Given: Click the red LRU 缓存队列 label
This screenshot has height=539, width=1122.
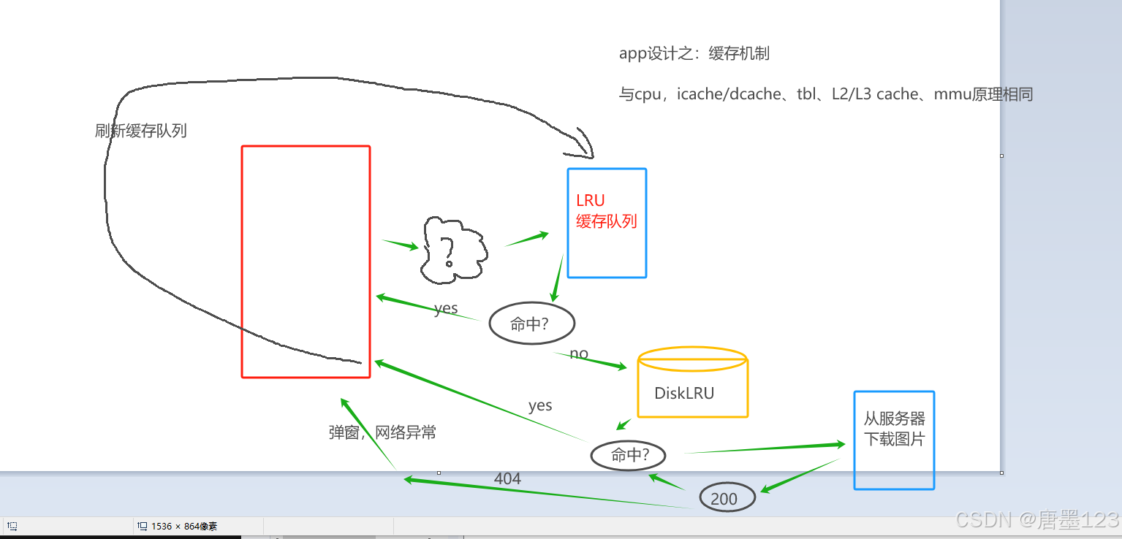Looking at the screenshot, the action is point(606,211).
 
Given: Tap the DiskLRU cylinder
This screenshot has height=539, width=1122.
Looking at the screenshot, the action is point(692,384).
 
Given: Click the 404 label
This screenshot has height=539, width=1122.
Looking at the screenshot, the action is point(507,479).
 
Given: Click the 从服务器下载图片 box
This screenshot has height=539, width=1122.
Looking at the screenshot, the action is point(894,439).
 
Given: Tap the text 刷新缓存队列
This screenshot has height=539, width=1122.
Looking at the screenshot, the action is point(141,131).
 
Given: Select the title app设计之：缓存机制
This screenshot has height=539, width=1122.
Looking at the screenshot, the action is point(694,53).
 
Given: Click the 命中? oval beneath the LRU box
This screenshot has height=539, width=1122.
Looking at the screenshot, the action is point(531,324).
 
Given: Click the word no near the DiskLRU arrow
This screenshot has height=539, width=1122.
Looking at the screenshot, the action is point(579,354).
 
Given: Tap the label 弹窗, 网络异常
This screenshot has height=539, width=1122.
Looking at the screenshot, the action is point(382,432).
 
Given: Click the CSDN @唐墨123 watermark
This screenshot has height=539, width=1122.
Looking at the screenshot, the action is point(1037,519).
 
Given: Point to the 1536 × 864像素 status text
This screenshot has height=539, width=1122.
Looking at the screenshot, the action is point(183,526).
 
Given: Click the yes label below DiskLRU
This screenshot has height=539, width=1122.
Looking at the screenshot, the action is point(540,405).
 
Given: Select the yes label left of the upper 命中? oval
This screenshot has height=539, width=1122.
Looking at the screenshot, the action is point(446,308).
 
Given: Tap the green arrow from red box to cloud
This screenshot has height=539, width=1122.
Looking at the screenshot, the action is point(400,244).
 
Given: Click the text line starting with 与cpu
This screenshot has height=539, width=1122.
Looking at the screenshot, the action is point(825,94).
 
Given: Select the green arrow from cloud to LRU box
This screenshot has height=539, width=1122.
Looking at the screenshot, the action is point(526,239).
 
